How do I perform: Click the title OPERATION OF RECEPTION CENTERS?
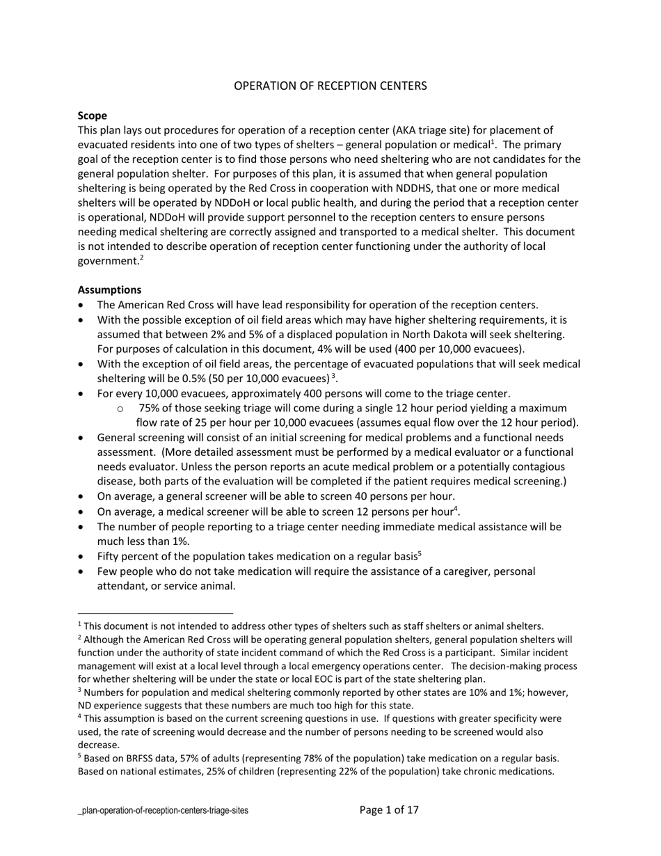pyautogui.click(x=330, y=86)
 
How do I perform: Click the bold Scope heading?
pyautogui.click(x=92, y=116)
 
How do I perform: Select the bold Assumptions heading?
pyautogui.click(x=109, y=290)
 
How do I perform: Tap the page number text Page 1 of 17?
pyautogui.click(x=389, y=809)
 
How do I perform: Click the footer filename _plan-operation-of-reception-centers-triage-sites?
pyautogui.click(x=163, y=811)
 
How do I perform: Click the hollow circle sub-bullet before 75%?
pyautogui.click(x=121, y=409)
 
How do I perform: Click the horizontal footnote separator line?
pyautogui.click(x=155, y=614)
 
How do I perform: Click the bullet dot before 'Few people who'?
pyautogui.click(x=83, y=572)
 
